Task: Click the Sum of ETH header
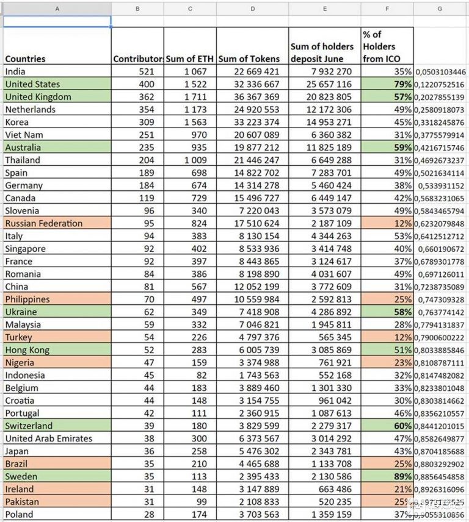189,59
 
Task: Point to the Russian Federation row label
43,223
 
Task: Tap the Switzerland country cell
29,426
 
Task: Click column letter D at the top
252,9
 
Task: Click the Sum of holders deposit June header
322,52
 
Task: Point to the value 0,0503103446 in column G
440,72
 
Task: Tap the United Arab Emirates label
49,438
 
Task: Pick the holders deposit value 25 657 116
329,84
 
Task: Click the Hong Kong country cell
27,350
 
